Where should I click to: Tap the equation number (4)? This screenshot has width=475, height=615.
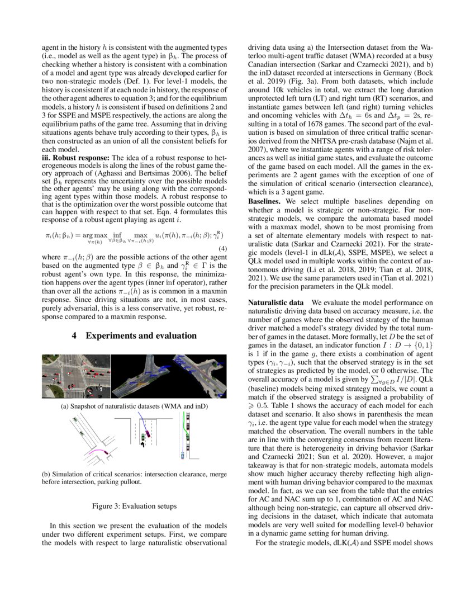[222, 248]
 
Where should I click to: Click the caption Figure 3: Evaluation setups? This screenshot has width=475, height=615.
[134, 506]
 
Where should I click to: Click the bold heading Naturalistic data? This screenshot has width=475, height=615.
[273, 302]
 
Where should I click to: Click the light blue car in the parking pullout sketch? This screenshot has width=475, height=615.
[183, 455]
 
